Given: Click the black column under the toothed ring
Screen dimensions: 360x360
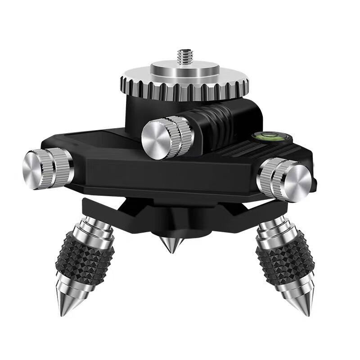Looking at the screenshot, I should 135,112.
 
